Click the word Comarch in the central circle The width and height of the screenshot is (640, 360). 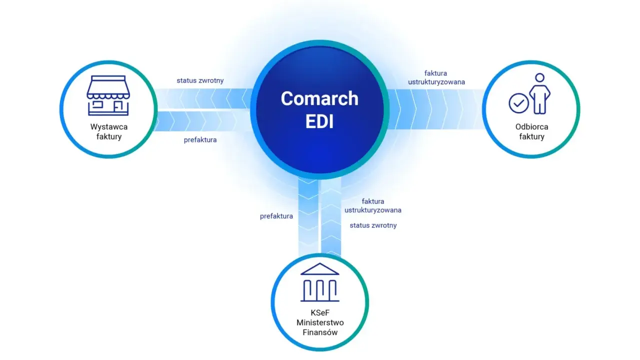point(319,98)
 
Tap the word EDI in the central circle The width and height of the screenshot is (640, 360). point(319,121)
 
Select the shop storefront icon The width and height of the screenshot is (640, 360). point(108,95)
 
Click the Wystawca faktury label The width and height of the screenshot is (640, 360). point(109,131)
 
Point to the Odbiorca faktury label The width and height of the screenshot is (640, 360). point(531,131)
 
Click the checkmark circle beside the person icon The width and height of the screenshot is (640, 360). point(518,103)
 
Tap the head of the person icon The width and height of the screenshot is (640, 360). point(539,77)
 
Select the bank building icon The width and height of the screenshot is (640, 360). point(319,282)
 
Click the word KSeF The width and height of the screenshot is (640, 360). point(320,313)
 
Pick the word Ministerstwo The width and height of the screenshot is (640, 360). point(320,322)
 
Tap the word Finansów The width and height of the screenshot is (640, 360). point(320,332)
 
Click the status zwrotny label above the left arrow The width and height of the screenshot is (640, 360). point(200,80)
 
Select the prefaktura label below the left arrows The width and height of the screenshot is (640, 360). point(200,140)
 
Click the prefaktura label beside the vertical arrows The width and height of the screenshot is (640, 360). point(276,216)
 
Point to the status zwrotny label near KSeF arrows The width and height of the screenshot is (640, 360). point(373,225)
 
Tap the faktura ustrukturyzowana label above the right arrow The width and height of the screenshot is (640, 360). point(436,77)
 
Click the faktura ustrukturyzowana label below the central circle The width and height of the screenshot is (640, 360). point(373,205)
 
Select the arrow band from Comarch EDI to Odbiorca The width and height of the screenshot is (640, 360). point(435,109)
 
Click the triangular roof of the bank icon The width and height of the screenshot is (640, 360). point(319,269)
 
